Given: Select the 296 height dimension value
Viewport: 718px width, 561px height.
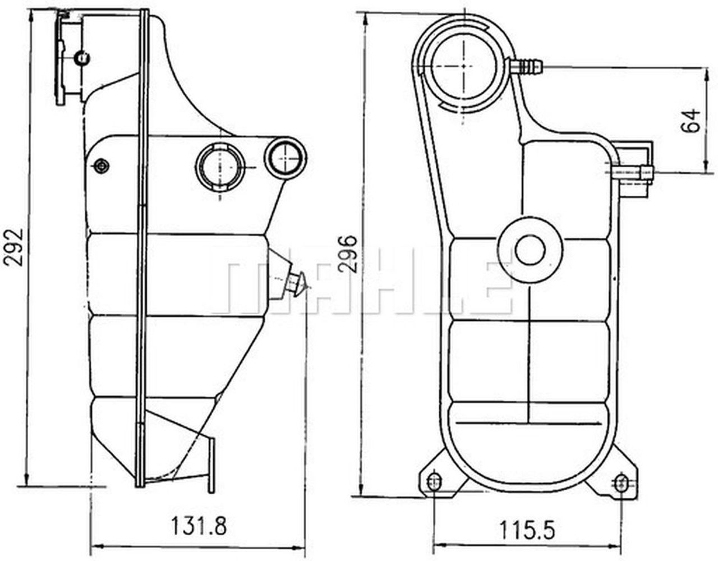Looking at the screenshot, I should tap(348, 254).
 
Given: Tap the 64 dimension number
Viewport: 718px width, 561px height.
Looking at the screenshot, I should tap(692, 120).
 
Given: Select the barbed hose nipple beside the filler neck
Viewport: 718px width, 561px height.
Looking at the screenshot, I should tap(527, 67).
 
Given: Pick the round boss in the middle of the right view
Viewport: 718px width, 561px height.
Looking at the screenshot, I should tap(530, 249).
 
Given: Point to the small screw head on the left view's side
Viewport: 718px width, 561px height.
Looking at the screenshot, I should tap(102, 167).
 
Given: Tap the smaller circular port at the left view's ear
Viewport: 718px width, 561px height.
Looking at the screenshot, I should tap(286, 157).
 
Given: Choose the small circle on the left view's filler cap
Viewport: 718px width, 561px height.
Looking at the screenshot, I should tap(82, 57).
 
